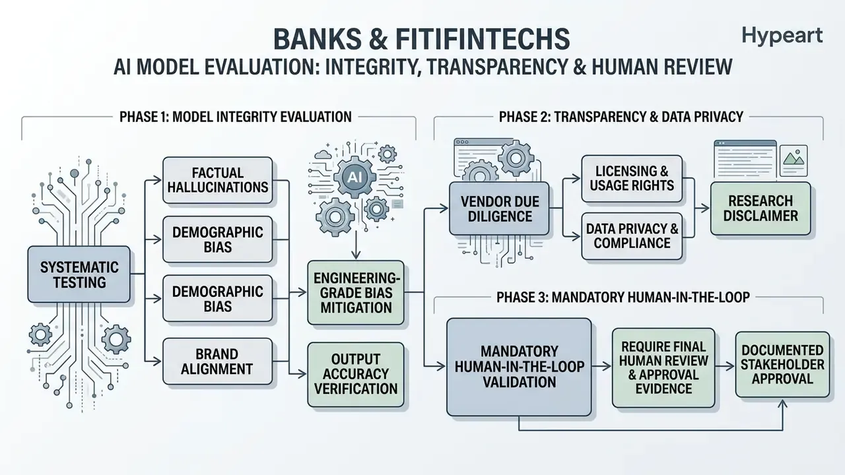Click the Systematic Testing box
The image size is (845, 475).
[x=79, y=274]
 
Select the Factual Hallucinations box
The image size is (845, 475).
[x=218, y=180]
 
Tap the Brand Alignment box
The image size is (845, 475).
[x=217, y=361]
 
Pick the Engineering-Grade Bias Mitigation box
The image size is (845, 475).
[x=356, y=292]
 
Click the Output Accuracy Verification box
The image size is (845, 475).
[x=356, y=374]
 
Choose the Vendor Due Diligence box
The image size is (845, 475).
[x=500, y=208]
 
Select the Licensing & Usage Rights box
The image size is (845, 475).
[x=632, y=178]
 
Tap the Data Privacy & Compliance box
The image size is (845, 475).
[x=632, y=236]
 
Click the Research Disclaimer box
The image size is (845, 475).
[x=760, y=208]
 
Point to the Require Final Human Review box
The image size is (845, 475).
[x=663, y=367]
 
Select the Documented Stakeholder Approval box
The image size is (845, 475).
[x=782, y=364]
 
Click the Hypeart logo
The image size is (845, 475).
[x=782, y=36]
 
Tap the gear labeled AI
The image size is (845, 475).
[x=355, y=176]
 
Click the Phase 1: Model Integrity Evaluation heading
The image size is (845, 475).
[x=236, y=117]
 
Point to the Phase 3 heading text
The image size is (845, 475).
[x=623, y=298]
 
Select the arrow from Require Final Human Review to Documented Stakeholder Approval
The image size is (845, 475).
[x=725, y=366]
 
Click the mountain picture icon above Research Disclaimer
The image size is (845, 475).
[x=794, y=160]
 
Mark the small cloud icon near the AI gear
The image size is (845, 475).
[x=323, y=154]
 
